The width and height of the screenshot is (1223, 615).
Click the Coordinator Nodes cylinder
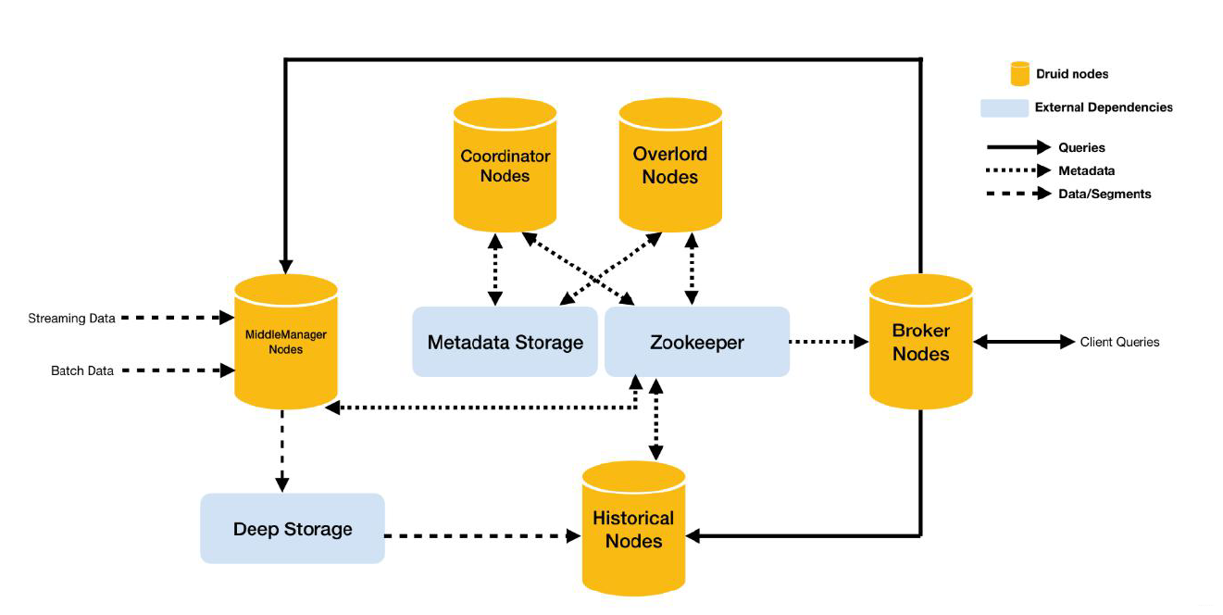(x=505, y=165)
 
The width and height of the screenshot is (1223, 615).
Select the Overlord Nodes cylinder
(x=670, y=165)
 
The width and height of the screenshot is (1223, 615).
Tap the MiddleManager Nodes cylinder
(x=285, y=342)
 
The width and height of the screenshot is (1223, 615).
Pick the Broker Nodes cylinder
(x=920, y=342)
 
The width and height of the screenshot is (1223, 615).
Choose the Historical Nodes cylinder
(x=633, y=528)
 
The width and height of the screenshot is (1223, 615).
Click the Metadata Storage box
(x=505, y=342)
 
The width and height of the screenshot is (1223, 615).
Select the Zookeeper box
(x=696, y=342)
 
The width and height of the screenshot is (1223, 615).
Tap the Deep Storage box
(x=293, y=529)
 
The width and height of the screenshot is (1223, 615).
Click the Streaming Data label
(x=71, y=319)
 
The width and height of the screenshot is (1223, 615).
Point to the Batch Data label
(x=81, y=370)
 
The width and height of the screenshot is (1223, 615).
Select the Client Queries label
(x=1120, y=342)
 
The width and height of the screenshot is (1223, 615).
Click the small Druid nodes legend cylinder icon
(x=1019, y=74)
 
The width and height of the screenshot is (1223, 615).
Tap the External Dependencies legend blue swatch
(x=1005, y=107)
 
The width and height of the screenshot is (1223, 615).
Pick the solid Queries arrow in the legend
(x=1018, y=147)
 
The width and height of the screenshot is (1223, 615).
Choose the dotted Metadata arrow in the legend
(x=1018, y=170)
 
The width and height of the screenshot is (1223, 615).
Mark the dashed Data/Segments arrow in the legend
(x=1018, y=194)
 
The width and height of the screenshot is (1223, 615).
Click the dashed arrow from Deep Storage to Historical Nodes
(x=482, y=535)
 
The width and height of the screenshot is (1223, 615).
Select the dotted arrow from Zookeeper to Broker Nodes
(x=829, y=342)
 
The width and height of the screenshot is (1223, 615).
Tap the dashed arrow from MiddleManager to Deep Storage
(x=281, y=451)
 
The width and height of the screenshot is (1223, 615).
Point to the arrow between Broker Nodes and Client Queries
(x=1024, y=342)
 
